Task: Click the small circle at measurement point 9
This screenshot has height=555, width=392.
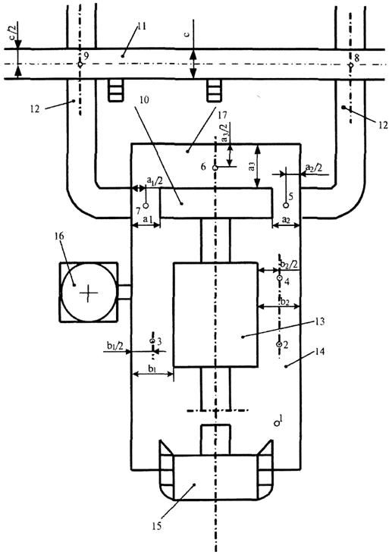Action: [80, 64]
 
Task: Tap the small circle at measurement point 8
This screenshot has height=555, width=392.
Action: [350, 65]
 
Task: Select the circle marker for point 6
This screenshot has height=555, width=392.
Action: [215, 168]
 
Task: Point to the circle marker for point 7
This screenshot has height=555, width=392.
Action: [146, 205]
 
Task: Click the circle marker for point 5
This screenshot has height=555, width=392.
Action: [286, 205]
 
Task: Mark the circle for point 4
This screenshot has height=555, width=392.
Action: [279, 278]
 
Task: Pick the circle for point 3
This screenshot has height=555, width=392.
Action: [152, 341]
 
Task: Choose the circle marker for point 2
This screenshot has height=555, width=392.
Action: [279, 344]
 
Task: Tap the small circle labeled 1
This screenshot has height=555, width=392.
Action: [276, 423]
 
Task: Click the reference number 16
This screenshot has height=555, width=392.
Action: [59, 236]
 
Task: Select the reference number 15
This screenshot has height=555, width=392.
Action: [156, 525]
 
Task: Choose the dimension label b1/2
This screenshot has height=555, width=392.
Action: [115, 346]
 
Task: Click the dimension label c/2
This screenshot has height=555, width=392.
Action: [17, 31]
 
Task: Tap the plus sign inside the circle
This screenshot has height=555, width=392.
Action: [88, 293]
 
